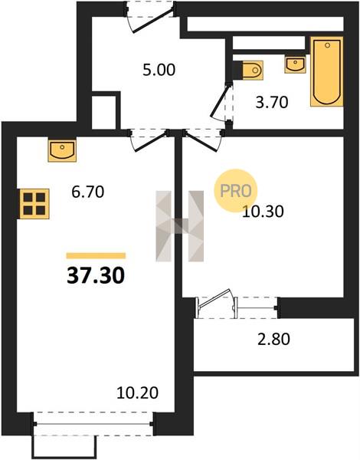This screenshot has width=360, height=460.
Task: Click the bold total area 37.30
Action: (96, 276)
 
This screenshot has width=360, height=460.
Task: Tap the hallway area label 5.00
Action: (159, 71)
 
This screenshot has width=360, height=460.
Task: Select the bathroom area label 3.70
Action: (272, 103)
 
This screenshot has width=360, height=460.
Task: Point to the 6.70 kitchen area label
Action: (88, 192)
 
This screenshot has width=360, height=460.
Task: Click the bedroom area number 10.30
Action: (263, 212)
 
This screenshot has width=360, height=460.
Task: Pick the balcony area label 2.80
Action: (273, 339)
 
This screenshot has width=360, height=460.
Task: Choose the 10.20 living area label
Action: (138, 393)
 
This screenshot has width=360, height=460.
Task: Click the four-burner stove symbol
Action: (34, 204)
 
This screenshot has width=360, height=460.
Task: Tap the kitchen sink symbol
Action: (62, 151)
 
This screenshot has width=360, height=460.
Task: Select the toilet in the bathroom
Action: (253, 70)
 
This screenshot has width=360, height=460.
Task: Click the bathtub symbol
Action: (327, 71)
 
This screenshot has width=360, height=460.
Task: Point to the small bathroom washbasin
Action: (295, 65)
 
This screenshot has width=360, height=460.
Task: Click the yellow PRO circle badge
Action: (235, 191)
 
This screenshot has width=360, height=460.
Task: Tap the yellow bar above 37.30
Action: (97, 256)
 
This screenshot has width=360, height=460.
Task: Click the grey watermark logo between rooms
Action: (180, 226)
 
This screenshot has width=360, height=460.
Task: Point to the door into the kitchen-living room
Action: (149, 140)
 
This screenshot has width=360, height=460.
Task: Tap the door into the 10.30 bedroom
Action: (202, 140)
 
